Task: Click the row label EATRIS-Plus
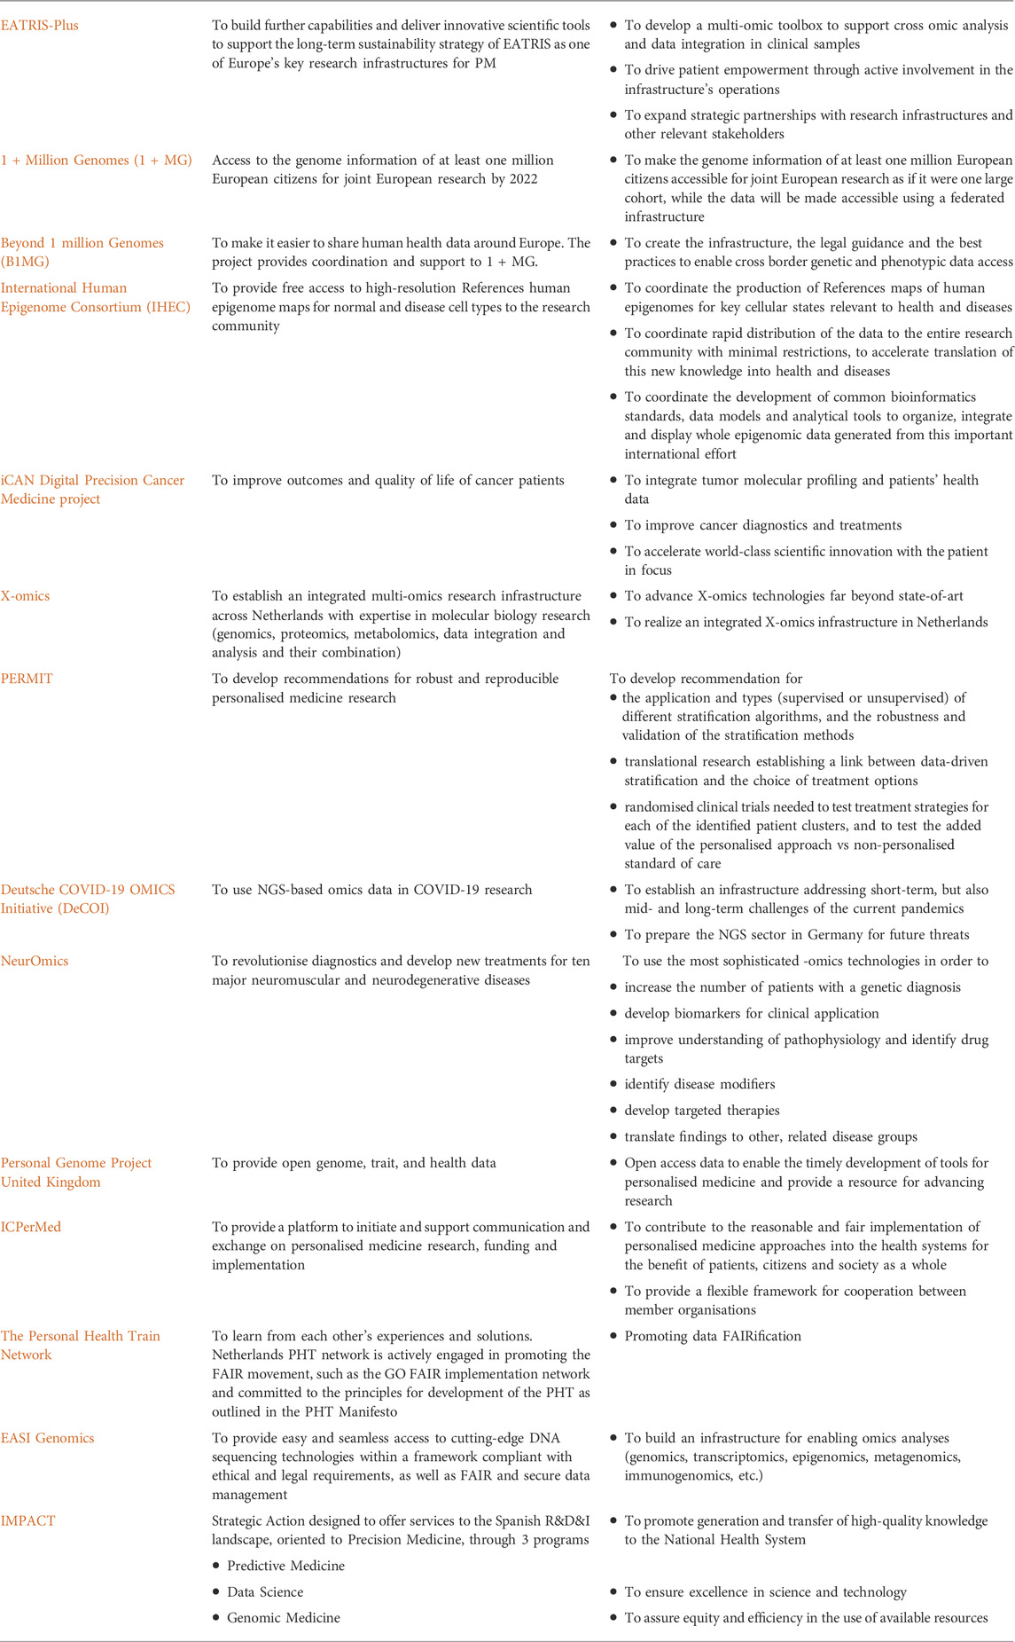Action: [x=40, y=26]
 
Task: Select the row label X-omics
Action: [x=26, y=596]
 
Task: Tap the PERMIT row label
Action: [x=26, y=679]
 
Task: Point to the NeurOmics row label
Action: [x=35, y=961]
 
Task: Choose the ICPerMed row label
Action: [x=31, y=1227]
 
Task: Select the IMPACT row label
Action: [x=28, y=1520]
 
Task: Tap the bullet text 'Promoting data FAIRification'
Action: [x=713, y=1336]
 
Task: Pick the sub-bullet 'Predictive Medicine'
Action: [x=285, y=1566]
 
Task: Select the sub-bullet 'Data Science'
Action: [x=265, y=1592]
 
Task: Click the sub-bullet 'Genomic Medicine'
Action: [x=283, y=1618]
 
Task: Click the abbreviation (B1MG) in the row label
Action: [x=26, y=262]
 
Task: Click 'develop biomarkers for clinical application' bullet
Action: [x=752, y=1013]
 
